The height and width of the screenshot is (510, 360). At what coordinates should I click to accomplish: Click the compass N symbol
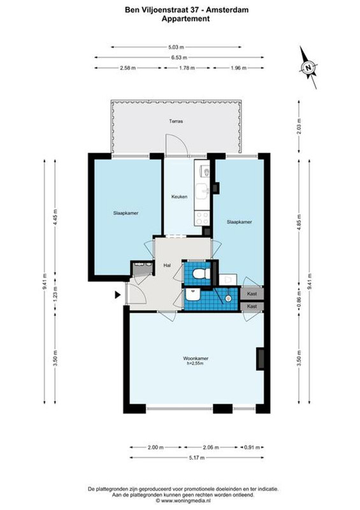pyautogui.click(x=307, y=68)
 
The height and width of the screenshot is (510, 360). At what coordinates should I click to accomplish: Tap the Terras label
pyautogui.click(x=176, y=121)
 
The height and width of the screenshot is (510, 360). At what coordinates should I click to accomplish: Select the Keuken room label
pyautogui.click(x=179, y=196)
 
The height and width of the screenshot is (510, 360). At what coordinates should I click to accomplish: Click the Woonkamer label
pyautogui.click(x=196, y=358)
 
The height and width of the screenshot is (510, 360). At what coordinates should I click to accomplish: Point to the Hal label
pyautogui.click(x=167, y=265)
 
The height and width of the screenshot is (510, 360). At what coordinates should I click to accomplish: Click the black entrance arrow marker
pyautogui.click(x=117, y=295)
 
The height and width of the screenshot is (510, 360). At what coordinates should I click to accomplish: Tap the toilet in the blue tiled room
pyautogui.click(x=201, y=273)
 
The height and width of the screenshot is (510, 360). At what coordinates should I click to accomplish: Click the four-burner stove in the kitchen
pyautogui.click(x=201, y=218)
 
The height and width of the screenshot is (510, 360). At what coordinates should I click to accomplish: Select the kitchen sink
pyautogui.click(x=202, y=191)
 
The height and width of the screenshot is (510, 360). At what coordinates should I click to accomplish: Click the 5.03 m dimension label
pyautogui.click(x=176, y=47)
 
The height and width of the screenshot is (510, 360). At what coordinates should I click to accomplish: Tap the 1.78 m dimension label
pyautogui.click(x=187, y=68)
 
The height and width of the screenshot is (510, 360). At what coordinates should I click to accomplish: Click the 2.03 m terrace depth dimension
pyautogui.click(x=299, y=126)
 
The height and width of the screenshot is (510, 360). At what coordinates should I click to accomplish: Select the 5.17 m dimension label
pyautogui.click(x=197, y=458)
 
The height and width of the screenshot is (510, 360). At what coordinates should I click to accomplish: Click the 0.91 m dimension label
pyautogui.click(x=252, y=448)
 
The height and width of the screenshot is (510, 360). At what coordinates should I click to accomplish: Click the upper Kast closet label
pyautogui.click(x=252, y=294)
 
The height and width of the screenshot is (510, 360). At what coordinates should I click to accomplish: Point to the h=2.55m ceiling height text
pyautogui.click(x=195, y=363)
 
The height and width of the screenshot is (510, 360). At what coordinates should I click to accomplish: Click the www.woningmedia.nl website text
pyautogui.click(x=186, y=500)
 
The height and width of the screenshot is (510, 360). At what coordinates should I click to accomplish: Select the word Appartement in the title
pyautogui.click(x=185, y=18)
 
